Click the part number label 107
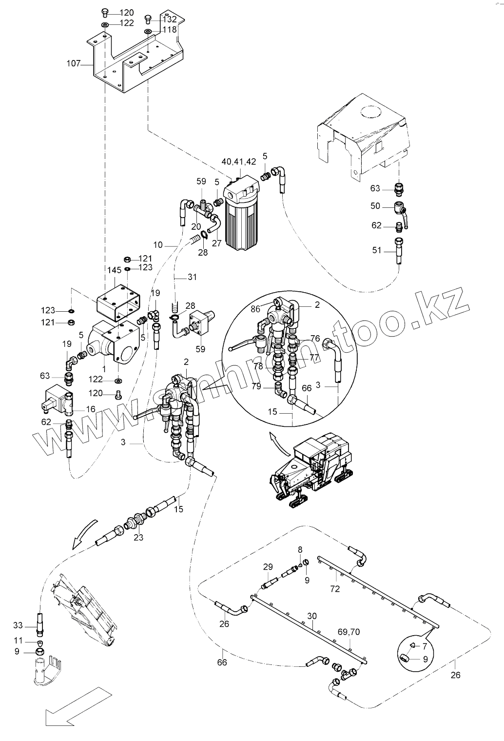pos(74,63)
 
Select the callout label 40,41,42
pos(239,161)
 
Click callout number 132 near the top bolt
pos(170,20)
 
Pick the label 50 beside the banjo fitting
pos(375,206)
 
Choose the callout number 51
pos(377,250)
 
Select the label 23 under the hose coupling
pos(138,539)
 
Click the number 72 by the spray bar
pos(334,589)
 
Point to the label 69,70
pos(349,632)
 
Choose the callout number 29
pos(268,567)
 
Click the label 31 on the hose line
pos(192,278)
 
